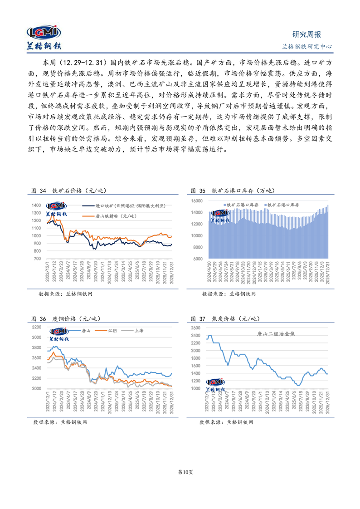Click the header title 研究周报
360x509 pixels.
click(306, 34)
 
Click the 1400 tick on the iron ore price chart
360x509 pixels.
click(38, 206)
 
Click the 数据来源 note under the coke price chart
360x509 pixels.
click(226, 422)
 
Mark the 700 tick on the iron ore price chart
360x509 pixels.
click(39, 259)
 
